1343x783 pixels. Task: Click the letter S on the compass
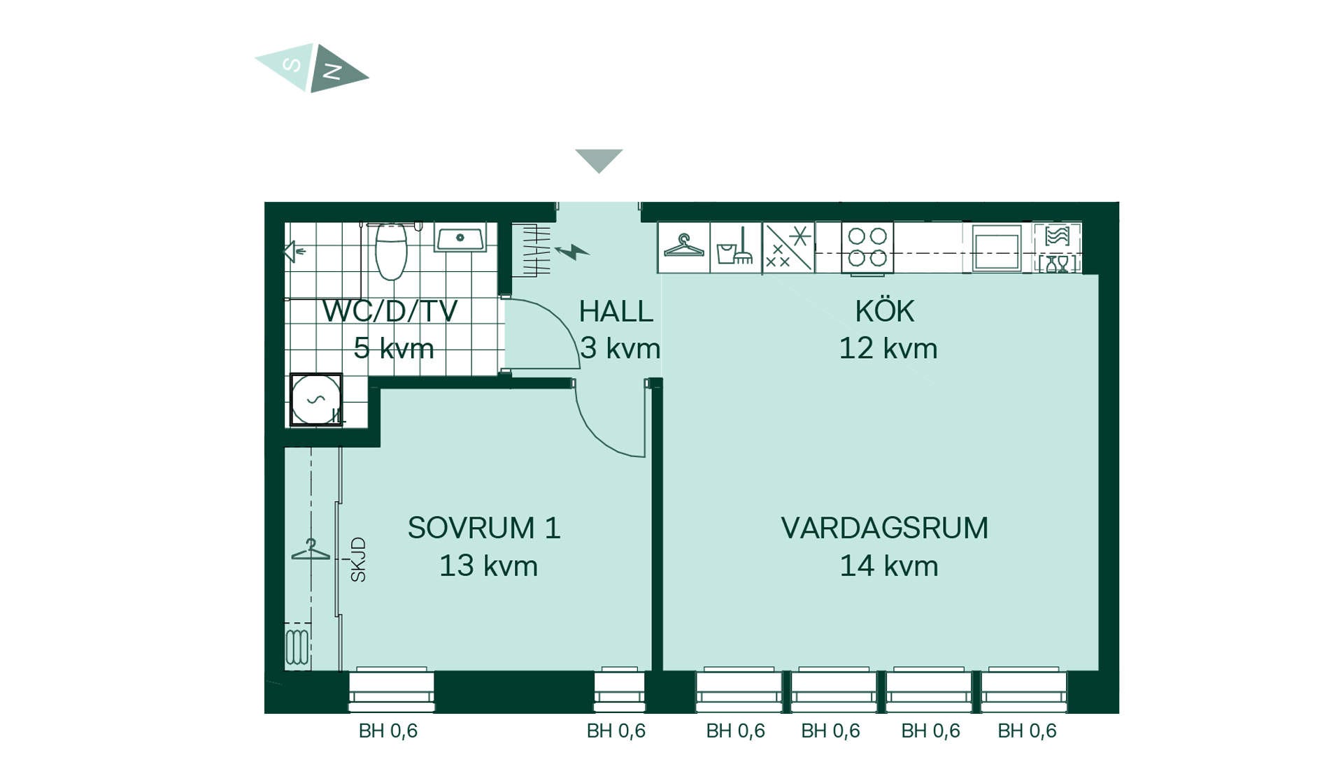pyautogui.click(x=292, y=65)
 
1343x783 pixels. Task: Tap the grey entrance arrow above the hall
pyautogui.click(x=599, y=159)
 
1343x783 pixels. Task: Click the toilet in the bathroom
pyautogui.click(x=391, y=250)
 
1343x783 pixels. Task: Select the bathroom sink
pyautogui.click(x=460, y=238)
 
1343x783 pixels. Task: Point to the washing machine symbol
pyautogui.click(x=316, y=400)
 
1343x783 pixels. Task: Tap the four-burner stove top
pyautogui.click(x=867, y=247)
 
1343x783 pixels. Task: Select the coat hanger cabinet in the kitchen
pyautogui.click(x=684, y=247)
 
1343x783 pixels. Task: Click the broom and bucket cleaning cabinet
pyautogui.click(x=736, y=247)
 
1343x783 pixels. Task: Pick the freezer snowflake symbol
pyautogui.click(x=788, y=247)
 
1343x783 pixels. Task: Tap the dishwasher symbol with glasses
pyautogui.click(x=1057, y=247)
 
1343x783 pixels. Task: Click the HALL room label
pyautogui.click(x=616, y=312)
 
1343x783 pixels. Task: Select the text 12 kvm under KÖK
pyautogui.click(x=888, y=348)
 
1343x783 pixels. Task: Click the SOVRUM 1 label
pyautogui.click(x=484, y=528)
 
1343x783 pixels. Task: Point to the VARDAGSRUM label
pyautogui.click(x=885, y=528)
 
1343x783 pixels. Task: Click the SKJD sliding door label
pyautogui.click(x=358, y=559)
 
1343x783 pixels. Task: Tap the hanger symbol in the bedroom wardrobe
pyautogui.click(x=311, y=549)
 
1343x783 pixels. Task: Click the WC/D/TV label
pyautogui.click(x=390, y=312)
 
